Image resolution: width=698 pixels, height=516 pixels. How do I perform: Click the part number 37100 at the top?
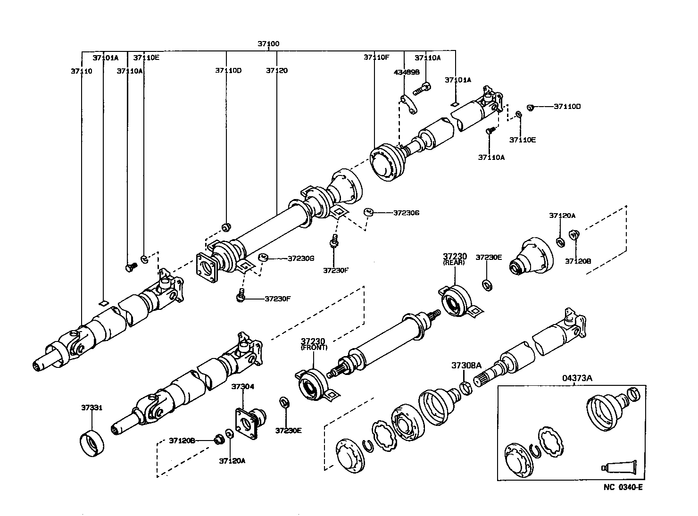pos(268,44)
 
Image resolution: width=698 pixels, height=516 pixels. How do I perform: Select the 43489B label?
pos(407,73)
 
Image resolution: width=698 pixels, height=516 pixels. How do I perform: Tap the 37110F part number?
pos(376,58)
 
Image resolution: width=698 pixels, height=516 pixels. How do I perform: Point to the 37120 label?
pos(276,71)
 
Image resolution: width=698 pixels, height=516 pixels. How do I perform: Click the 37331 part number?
pos(91,408)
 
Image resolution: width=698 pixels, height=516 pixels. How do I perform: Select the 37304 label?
pos(242,387)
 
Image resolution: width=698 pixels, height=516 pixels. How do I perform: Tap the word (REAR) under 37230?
pos(453,263)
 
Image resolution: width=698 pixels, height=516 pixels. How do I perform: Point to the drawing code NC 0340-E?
pos(623,487)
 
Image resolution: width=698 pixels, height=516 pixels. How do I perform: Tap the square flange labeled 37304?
pos(249,423)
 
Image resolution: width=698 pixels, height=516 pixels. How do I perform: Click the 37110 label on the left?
pos(82,71)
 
